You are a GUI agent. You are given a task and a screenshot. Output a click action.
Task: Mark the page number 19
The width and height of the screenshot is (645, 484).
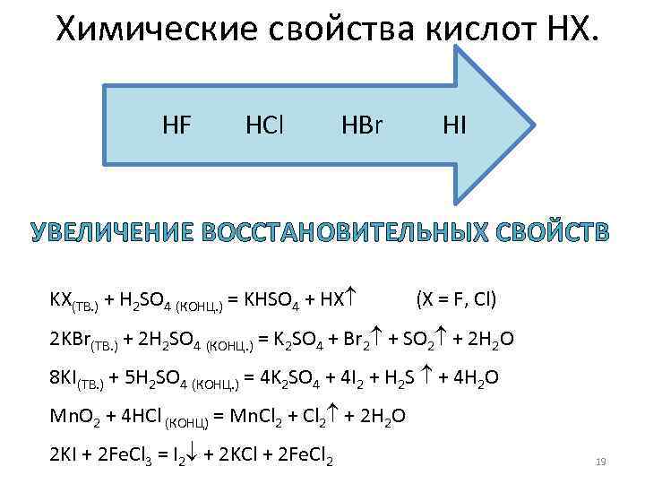click(x=601, y=462)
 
